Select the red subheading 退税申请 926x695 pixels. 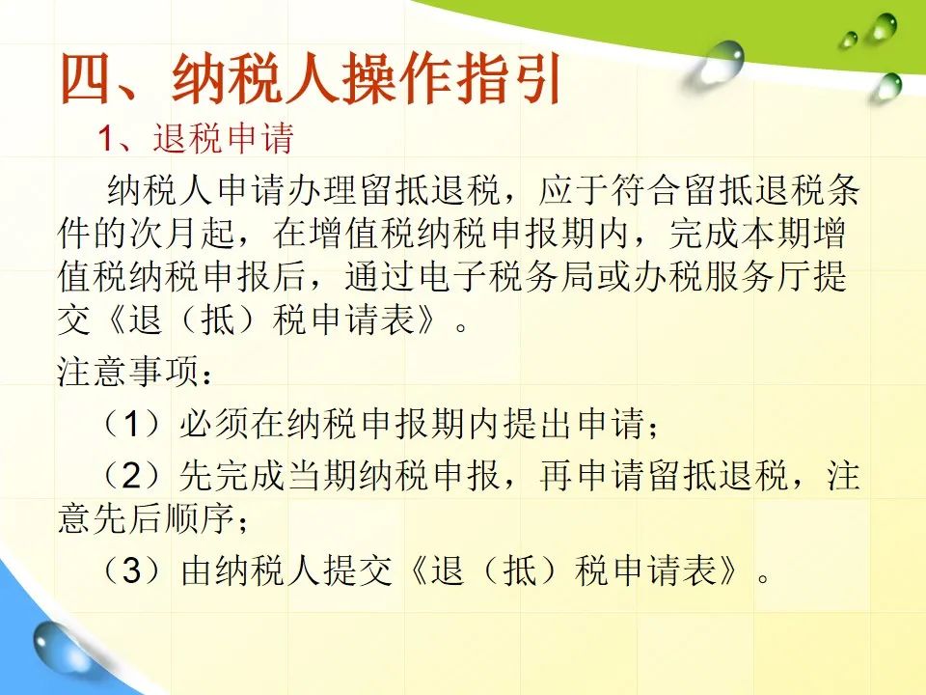tap(223, 139)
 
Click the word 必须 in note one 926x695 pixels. tap(215, 424)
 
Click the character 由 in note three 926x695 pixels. tap(197, 570)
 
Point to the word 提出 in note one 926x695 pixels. tap(538, 424)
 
